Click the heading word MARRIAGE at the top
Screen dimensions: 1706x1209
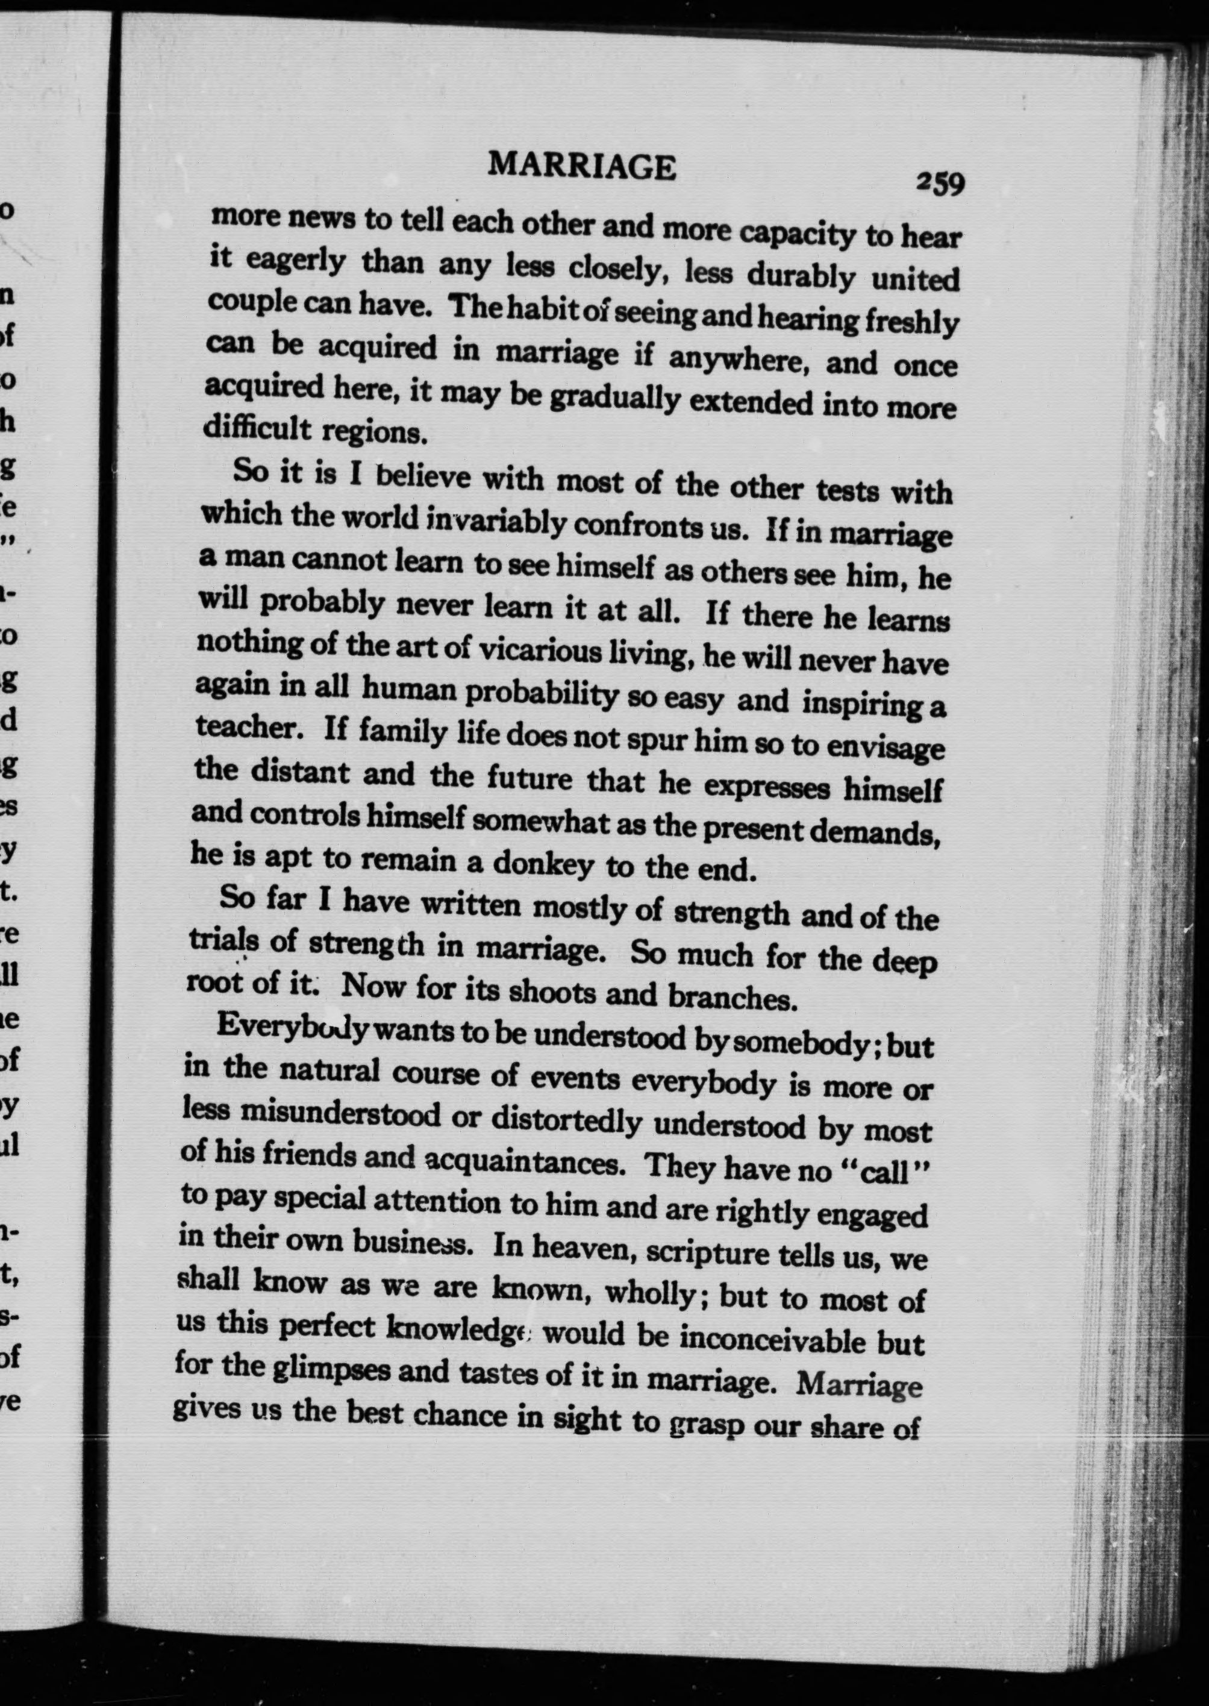pyautogui.click(x=582, y=167)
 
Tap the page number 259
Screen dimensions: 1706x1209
pyautogui.click(x=941, y=183)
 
